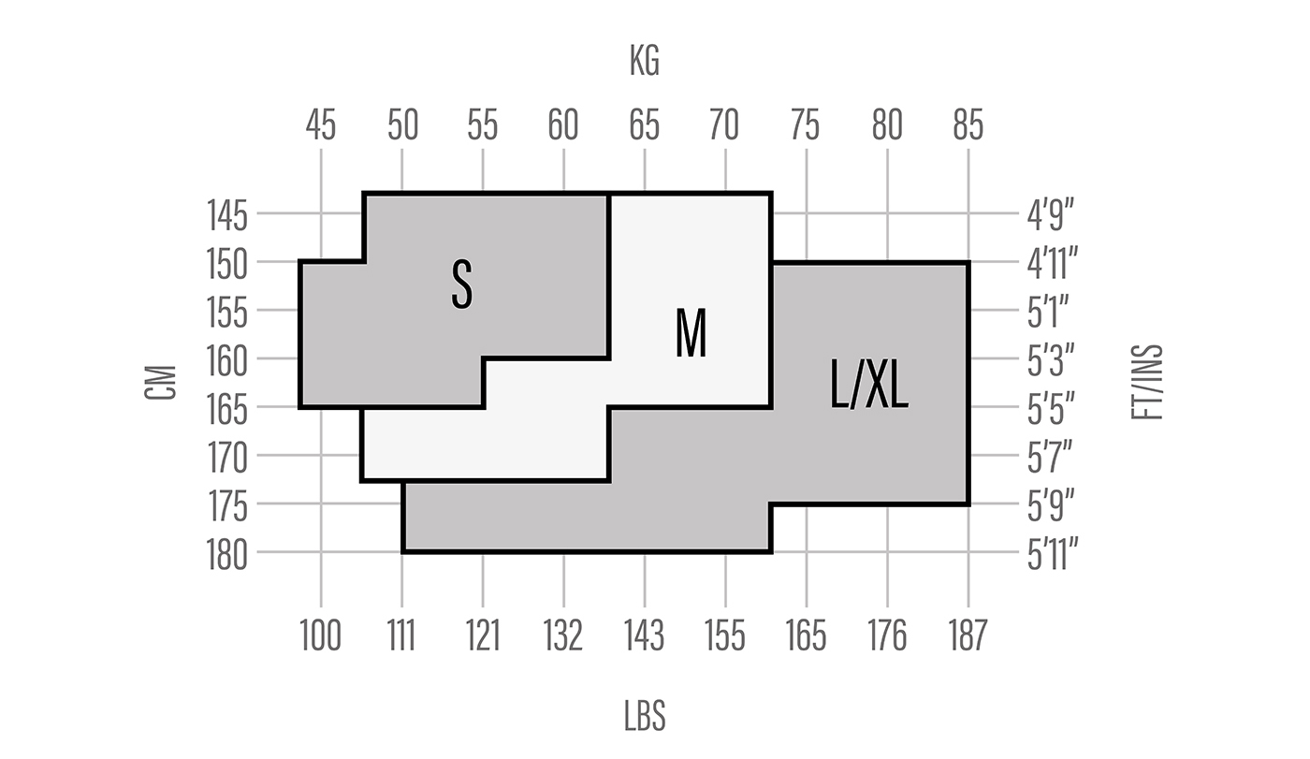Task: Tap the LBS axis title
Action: pyautogui.click(x=645, y=716)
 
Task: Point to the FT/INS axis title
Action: pyautogui.click(x=1147, y=382)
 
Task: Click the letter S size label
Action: pyautogui.click(x=461, y=285)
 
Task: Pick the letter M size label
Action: pyautogui.click(x=691, y=333)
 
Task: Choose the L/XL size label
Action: pyautogui.click(x=869, y=385)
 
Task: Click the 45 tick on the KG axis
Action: pyautogui.click(x=321, y=124)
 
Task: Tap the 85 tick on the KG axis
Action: pyautogui.click(x=968, y=124)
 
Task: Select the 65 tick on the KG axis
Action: pyautogui.click(x=645, y=124)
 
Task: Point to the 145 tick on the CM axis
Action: pyautogui.click(x=226, y=216)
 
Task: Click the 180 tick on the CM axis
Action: pyautogui.click(x=226, y=555)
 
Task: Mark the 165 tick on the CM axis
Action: pyautogui.click(x=226, y=409)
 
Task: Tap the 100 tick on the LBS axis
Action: pyautogui.click(x=321, y=636)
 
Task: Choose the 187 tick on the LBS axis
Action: pyautogui.click(x=968, y=636)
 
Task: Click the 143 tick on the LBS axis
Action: pyautogui.click(x=645, y=636)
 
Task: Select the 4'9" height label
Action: pyautogui.click(x=1050, y=216)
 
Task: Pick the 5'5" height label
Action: pyautogui.click(x=1051, y=409)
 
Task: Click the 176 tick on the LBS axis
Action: pyautogui.click(x=887, y=636)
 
